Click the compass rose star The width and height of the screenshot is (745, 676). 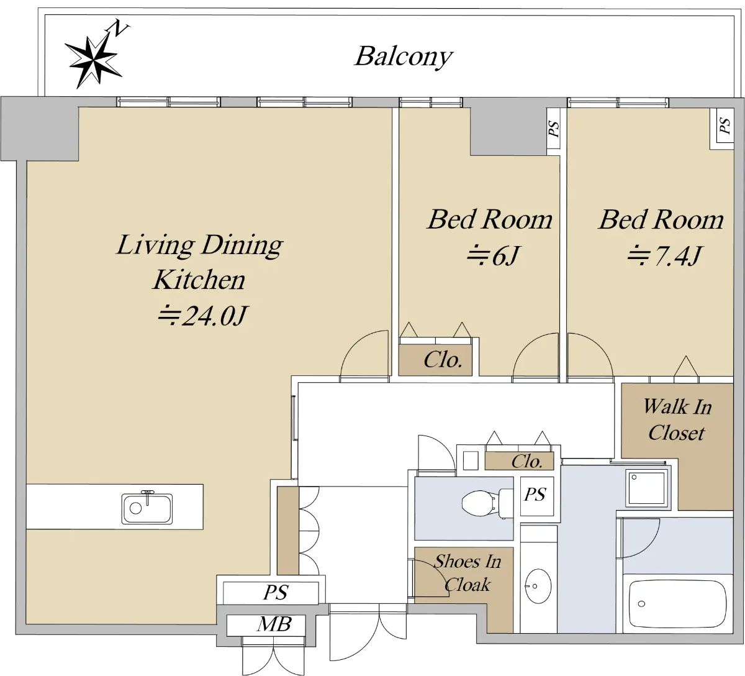pyautogui.click(x=94, y=62)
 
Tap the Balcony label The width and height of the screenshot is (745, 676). pyautogui.click(x=404, y=57)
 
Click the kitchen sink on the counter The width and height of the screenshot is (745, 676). pyautogui.click(x=147, y=508)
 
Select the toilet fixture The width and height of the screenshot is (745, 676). pyautogui.click(x=487, y=503)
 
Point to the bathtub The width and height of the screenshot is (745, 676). pyautogui.click(x=677, y=604)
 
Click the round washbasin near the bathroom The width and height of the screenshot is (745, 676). pyautogui.click(x=538, y=587)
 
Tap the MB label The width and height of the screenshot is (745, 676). pyautogui.click(x=274, y=624)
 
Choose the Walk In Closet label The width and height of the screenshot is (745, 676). pyautogui.click(x=677, y=420)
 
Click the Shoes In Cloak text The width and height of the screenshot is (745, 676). pyautogui.click(x=467, y=573)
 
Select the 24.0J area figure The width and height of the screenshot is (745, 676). pyautogui.click(x=203, y=316)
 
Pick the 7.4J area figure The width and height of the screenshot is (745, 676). pyautogui.click(x=664, y=256)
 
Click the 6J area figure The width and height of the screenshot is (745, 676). pyautogui.click(x=492, y=256)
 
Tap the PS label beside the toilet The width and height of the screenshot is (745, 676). pyautogui.click(x=536, y=494)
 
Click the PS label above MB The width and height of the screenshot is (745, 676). pyautogui.click(x=276, y=593)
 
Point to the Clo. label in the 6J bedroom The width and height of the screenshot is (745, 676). pyautogui.click(x=443, y=360)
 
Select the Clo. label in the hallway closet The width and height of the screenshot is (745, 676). pyautogui.click(x=526, y=462)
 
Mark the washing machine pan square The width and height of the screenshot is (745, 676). pyautogui.click(x=646, y=488)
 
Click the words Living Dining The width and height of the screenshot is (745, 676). pyautogui.click(x=200, y=245)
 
